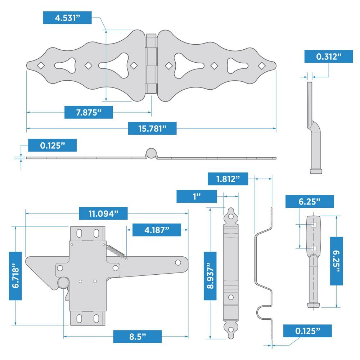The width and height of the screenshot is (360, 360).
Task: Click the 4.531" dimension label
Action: click(x=67, y=18)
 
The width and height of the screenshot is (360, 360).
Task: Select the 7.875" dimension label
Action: click(x=89, y=112)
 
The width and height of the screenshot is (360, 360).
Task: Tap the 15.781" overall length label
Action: click(x=152, y=129)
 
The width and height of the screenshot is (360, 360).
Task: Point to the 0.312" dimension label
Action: click(x=328, y=57)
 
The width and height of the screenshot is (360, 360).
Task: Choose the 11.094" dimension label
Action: click(x=103, y=213)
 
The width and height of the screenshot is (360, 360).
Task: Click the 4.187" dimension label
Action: click(x=157, y=230)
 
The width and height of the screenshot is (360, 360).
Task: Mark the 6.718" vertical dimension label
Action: click(x=15, y=276)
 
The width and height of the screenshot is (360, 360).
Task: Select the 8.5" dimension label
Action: click(x=137, y=336)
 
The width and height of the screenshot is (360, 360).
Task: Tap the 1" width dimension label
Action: click(x=197, y=197)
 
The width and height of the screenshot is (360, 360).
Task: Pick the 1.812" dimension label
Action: click(x=228, y=179)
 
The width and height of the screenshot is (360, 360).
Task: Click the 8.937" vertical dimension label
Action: click(x=210, y=276)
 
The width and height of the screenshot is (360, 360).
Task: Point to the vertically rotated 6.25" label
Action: click(x=336, y=261)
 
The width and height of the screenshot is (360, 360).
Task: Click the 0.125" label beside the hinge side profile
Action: click(x=52, y=145)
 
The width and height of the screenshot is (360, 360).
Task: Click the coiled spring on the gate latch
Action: click(x=115, y=250)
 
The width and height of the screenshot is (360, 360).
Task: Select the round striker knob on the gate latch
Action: click(x=63, y=283)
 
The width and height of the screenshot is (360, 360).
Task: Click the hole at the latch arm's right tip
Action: click(x=178, y=262)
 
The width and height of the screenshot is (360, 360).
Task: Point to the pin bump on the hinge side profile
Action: click(x=151, y=153)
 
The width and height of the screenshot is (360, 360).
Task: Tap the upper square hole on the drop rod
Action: click(x=313, y=225)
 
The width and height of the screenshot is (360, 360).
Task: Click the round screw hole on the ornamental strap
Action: click(x=230, y=297)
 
